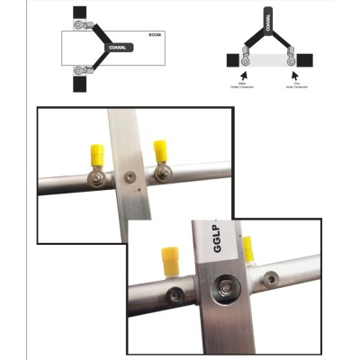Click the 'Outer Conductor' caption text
242,87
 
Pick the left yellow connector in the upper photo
95,156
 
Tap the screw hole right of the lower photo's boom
268,280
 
